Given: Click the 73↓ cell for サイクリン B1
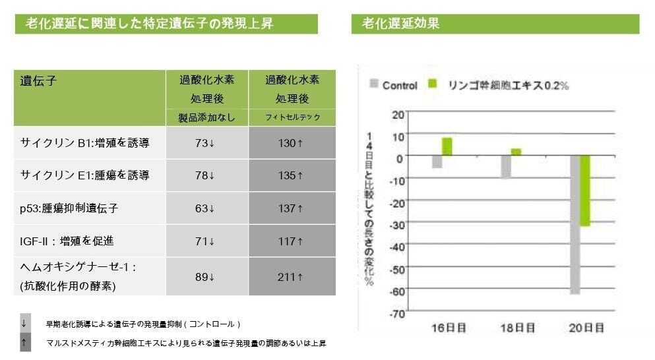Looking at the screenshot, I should (206, 143).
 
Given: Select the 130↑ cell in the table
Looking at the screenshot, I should (291, 143).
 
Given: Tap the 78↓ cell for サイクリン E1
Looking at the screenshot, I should (206, 175).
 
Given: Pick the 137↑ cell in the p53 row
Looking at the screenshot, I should (291, 208).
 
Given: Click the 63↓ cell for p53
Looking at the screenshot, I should (206, 208).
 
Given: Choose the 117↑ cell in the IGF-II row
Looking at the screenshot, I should (291, 241).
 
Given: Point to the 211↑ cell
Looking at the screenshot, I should (291, 277).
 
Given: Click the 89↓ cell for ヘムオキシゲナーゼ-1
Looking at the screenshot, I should (206, 277).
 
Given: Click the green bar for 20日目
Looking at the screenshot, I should (585, 191).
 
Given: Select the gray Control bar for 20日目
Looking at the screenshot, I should (575, 224).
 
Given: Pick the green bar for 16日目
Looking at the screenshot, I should (447, 146).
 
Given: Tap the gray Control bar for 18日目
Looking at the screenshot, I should (505, 166).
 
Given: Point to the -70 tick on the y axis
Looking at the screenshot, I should (395, 313).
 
